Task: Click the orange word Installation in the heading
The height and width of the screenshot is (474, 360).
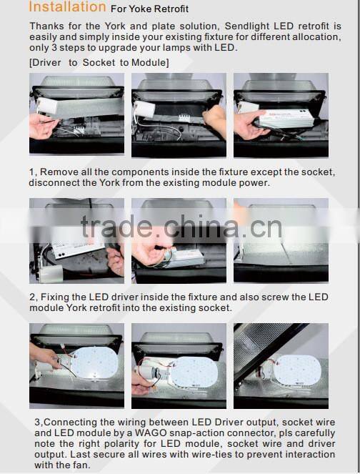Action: coord(67,7)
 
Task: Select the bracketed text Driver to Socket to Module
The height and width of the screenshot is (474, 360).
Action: coord(99,63)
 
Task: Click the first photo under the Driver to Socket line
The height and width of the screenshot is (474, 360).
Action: coord(76,114)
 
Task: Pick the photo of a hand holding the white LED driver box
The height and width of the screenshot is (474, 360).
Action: coord(281,115)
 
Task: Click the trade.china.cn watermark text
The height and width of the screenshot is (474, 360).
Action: coord(181,227)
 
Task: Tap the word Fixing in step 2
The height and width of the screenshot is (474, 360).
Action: coord(55,297)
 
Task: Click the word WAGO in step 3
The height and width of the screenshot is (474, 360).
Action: coord(151,433)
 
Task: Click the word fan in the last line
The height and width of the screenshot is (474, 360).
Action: coord(83,465)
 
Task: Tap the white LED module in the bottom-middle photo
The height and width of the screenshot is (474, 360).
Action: coord(194,371)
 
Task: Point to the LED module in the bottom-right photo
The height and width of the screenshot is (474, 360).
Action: coord(297,370)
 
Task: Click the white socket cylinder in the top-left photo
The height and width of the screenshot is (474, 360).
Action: coord(47,106)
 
